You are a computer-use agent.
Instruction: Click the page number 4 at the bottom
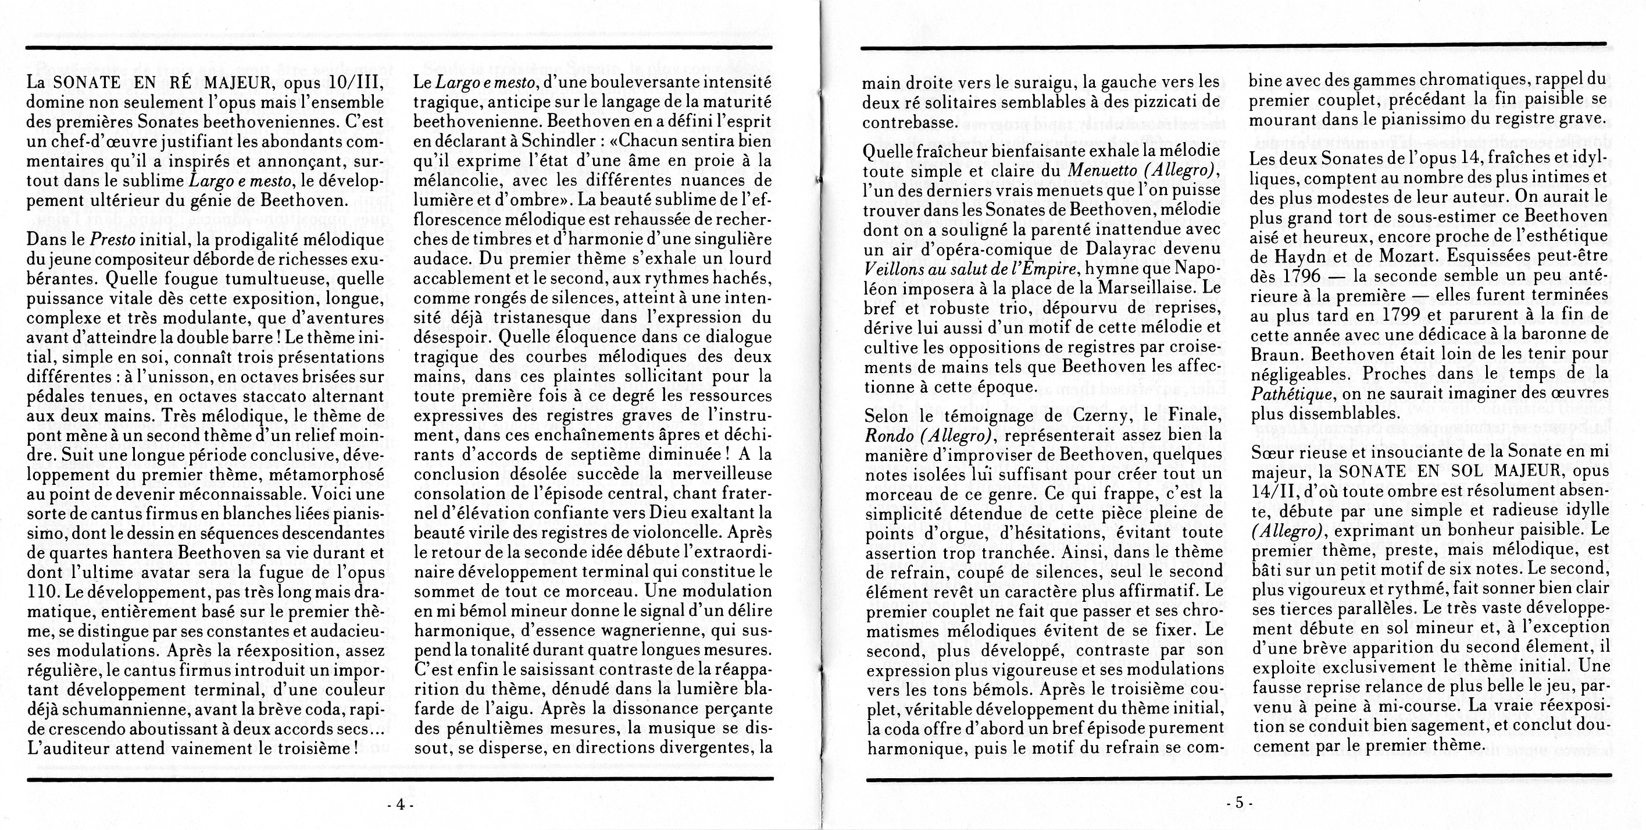click(x=401, y=805)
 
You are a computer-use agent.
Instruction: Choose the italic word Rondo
click(x=888, y=435)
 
